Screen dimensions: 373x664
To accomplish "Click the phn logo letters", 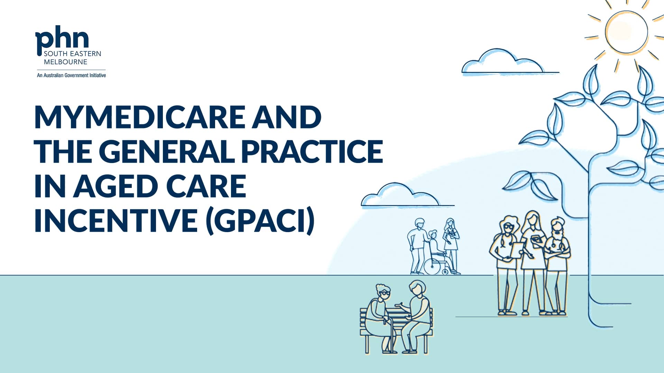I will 62,39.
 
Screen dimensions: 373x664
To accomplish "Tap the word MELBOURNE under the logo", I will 65,62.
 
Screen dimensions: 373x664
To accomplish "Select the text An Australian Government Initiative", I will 71,75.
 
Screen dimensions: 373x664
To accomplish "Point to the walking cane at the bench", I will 392,335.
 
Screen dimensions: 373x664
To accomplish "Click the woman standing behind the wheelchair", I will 451,242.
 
